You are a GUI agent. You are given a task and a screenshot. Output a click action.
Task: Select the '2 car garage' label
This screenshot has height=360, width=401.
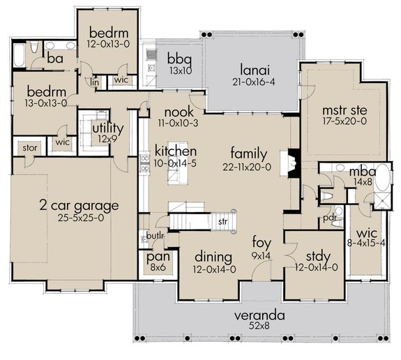78,206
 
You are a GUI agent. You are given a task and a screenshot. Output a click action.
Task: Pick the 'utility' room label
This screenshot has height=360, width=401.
108,129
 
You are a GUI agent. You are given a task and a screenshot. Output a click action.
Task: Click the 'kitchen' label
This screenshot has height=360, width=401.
175,151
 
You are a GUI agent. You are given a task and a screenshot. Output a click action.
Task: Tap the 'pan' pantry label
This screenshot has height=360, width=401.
154,256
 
